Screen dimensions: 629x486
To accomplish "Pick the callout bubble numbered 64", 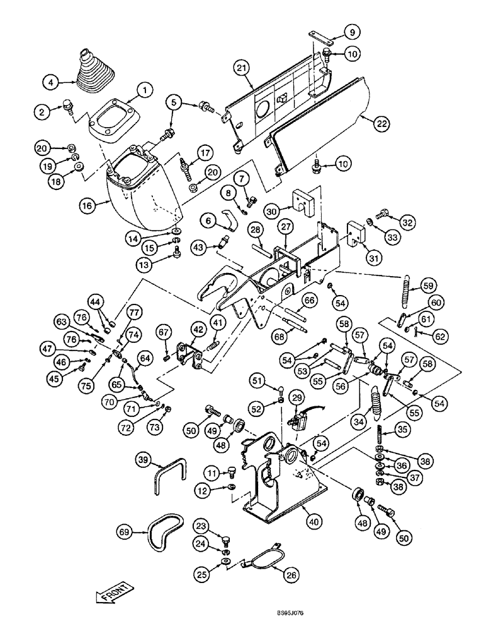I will click(145, 359).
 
